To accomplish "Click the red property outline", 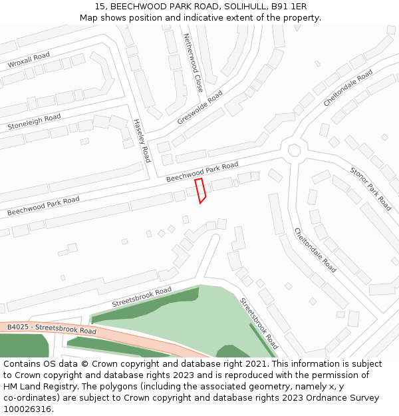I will pos(200,190).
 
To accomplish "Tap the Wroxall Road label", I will pos(29,60).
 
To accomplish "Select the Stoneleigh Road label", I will pos(34,122).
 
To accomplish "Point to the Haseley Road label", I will pos(142,140).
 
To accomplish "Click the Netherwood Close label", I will pos(194,63).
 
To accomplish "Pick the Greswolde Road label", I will pos(200,107).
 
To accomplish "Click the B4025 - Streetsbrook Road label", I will pos(52,328).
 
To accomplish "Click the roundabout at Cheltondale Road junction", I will pos(294,150).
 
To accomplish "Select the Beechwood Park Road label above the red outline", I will pos(202,172).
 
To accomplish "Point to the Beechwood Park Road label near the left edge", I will pos(43,206).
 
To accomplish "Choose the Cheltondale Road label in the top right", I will pos(348,89).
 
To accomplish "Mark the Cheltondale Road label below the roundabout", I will pos(315,250).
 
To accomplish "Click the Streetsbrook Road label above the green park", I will pos(142,296).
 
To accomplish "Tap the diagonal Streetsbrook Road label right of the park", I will pos(259,323).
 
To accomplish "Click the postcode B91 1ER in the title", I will pos(287,6).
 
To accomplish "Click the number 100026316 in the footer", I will pos(27,409).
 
